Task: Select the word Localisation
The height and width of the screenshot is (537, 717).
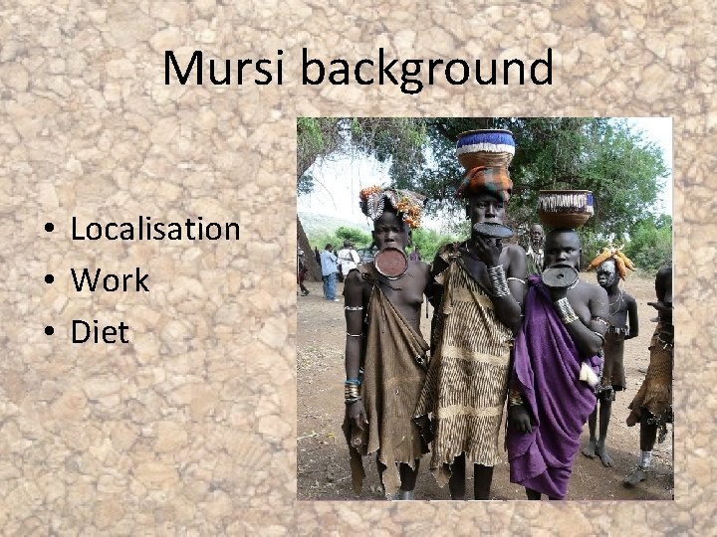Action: click(x=155, y=229)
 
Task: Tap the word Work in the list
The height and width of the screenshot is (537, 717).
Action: click(x=110, y=280)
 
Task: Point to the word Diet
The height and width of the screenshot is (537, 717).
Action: click(x=100, y=332)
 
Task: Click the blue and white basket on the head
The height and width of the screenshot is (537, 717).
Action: click(x=485, y=148)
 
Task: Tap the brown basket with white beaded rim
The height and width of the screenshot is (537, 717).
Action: click(x=565, y=209)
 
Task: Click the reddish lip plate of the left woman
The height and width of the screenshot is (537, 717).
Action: click(x=390, y=262)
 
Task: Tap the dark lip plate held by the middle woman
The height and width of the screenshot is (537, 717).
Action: click(x=492, y=230)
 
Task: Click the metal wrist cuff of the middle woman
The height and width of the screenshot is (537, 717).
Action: click(x=499, y=280)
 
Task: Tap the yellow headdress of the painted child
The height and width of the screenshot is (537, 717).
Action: click(x=610, y=261)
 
